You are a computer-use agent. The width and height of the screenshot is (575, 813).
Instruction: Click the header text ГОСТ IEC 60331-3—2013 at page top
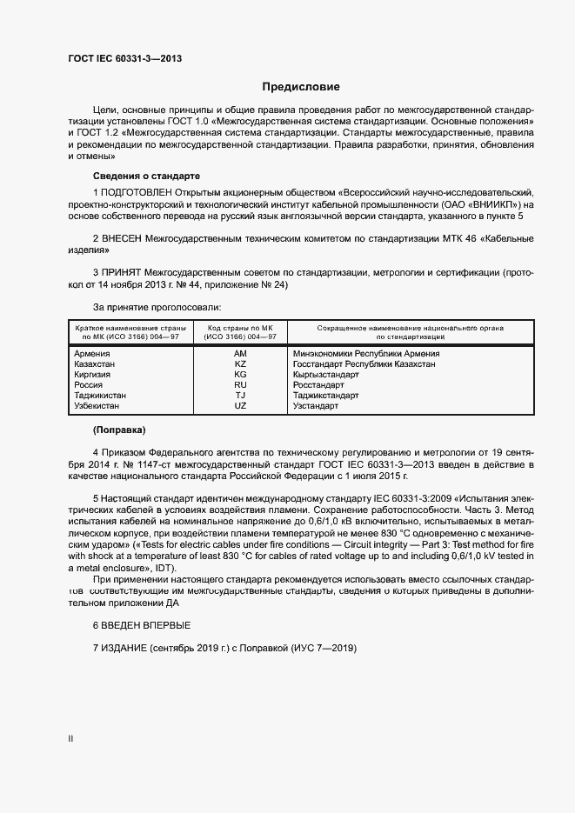[124, 59]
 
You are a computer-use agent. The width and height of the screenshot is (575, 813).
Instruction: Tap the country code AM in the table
[241, 354]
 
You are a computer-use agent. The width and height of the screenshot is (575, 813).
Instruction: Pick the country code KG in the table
[241, 375]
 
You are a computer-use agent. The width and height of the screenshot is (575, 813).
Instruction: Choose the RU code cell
[241, 384]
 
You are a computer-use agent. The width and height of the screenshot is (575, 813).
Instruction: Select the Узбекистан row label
[97, 405]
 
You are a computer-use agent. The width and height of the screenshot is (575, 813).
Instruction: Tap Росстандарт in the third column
[319, 384]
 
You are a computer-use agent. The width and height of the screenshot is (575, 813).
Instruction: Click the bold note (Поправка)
[119, 430]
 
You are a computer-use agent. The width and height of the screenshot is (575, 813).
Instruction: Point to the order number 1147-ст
[161, 466]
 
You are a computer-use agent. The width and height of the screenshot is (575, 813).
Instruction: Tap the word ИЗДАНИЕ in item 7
[123, 649]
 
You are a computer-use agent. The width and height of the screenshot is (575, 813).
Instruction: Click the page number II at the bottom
[70, 738]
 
